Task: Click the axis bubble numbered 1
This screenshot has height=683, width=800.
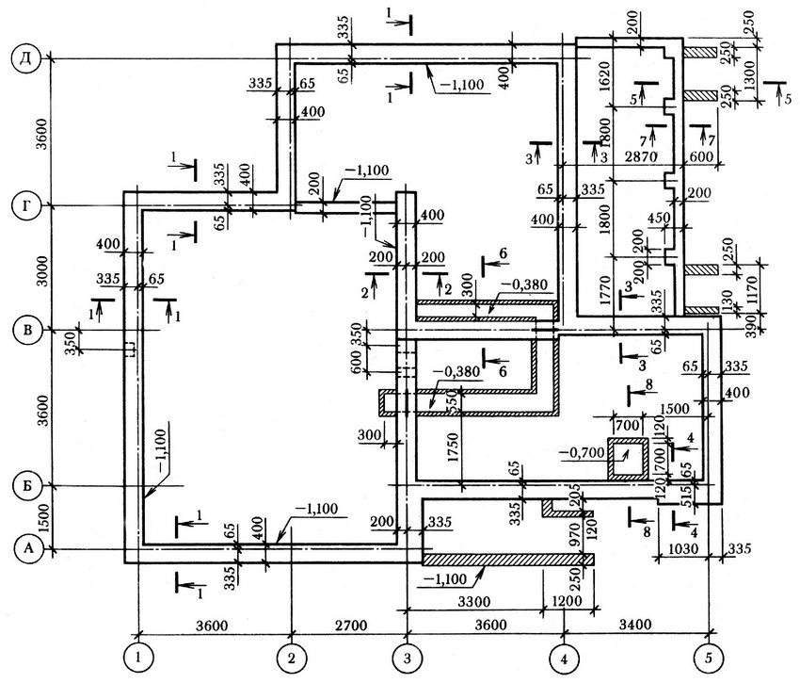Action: [139, 654]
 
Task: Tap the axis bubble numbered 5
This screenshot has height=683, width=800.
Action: [707, 654]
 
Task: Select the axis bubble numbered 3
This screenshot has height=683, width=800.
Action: [406, 654]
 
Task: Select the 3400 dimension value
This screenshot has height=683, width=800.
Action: [635, 625]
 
